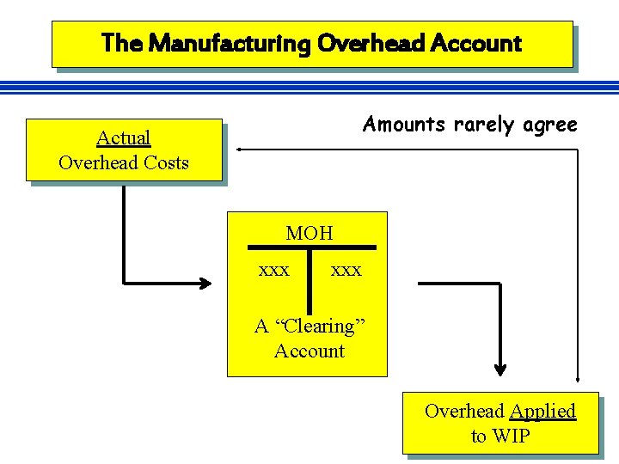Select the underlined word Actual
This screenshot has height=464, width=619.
[x=123, y=137]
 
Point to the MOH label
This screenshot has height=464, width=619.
[x=309, y=233]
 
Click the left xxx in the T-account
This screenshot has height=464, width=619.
[x=274, y=270]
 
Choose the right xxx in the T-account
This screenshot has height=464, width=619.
[x=346, y=270]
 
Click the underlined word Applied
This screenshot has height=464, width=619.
[x=542, y=411]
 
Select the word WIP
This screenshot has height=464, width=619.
[x=512, y=436]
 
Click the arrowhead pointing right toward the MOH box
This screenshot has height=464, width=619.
[x=205, y=282]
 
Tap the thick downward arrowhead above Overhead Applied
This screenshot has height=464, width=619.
[x=499, y=369]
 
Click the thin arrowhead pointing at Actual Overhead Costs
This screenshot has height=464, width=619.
[x=242, y=150]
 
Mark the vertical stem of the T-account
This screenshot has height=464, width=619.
[x=309, y=279]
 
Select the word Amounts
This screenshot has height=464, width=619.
[x=404, y=125]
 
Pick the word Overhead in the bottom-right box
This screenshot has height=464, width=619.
[x=465, y=411]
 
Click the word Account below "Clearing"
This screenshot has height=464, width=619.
[x=309, y=351]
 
